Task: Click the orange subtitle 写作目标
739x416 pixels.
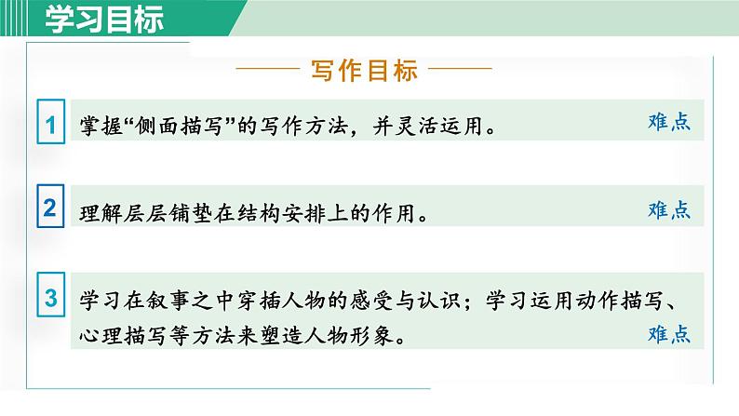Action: click(x=364, y=71)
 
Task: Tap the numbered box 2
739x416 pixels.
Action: click(x=50, y=209)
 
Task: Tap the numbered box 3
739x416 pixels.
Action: click(x=50, y=300)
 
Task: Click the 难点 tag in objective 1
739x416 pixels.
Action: click(x=668, y=122)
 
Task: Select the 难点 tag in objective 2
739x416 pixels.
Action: click(x=668, y=209)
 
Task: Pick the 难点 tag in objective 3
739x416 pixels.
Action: click(x=668, y=333)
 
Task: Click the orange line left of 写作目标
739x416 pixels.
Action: click(x=268, y=71)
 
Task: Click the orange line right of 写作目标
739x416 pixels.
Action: click(x=461, y=71)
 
